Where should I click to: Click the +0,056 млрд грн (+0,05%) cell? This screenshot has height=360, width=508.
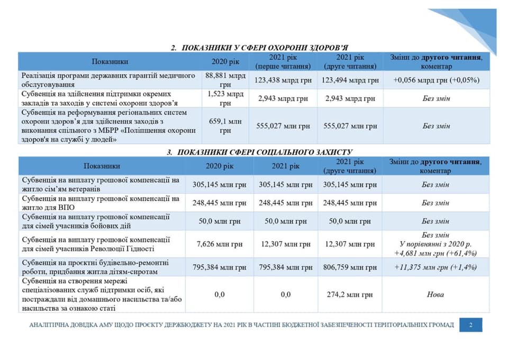[436, 80]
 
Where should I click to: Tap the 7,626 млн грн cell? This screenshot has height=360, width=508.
[220, 244]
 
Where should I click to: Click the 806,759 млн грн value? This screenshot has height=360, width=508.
[349, 267]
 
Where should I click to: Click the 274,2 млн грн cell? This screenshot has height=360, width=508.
[349, 294]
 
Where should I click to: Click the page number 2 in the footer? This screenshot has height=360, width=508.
[470, 325]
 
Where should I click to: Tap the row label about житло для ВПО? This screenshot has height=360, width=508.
[101, 203]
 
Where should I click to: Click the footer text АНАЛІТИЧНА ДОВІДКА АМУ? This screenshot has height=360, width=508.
[241, 325]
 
